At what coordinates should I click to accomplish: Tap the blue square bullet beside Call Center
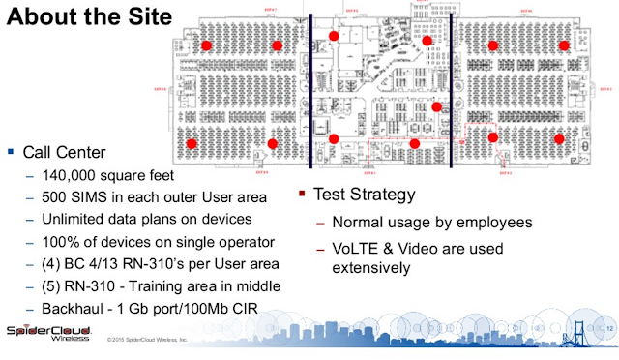(11, 152)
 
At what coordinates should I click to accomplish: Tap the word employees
(491, 225)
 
